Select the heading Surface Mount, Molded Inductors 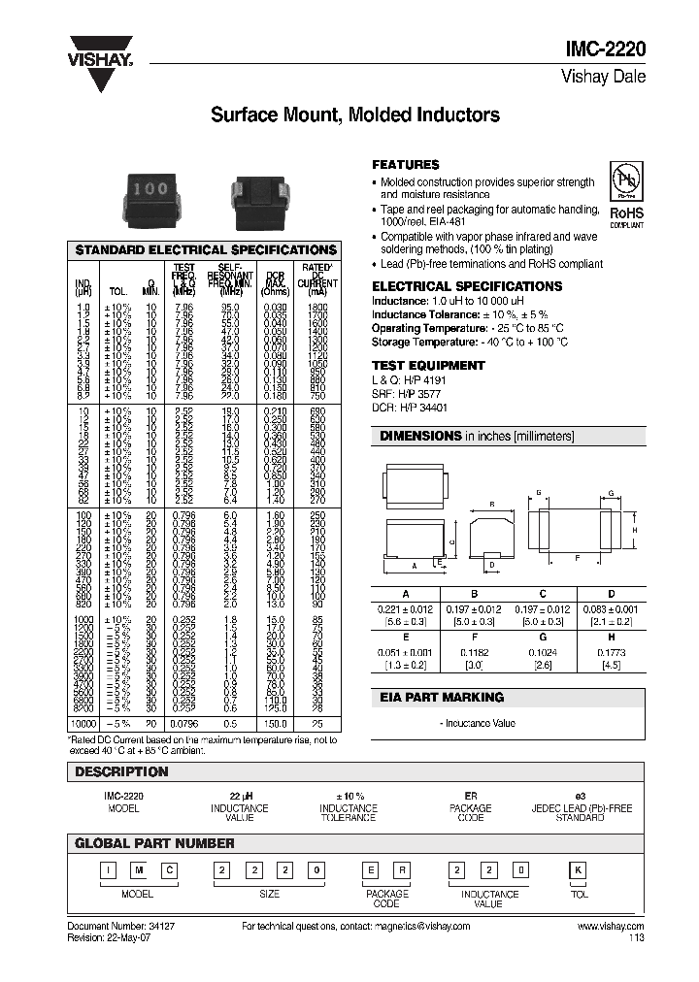[355, 115]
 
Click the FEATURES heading [406, 165]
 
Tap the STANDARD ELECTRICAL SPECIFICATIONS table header [206, 249]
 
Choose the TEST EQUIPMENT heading [428, 366]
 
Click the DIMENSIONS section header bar [509, 437]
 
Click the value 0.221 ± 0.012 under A [406, 607]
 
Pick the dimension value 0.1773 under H [612, 653]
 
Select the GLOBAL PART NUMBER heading [154, 843]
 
